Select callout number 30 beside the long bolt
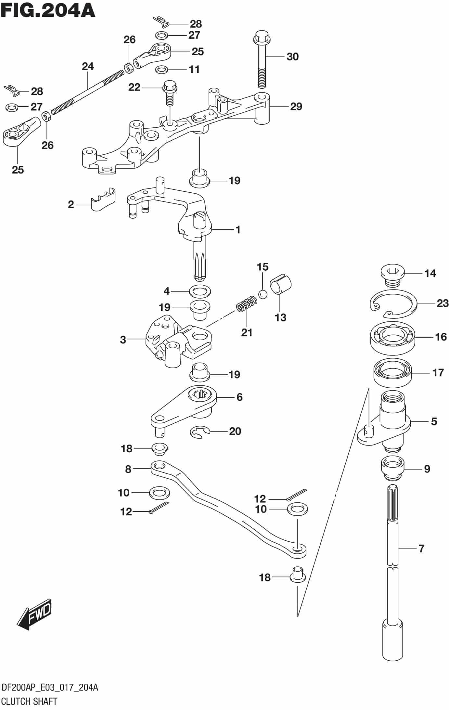292,57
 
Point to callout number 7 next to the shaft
421,549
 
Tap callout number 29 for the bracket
296,106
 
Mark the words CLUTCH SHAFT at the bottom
30,702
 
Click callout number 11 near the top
194,69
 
